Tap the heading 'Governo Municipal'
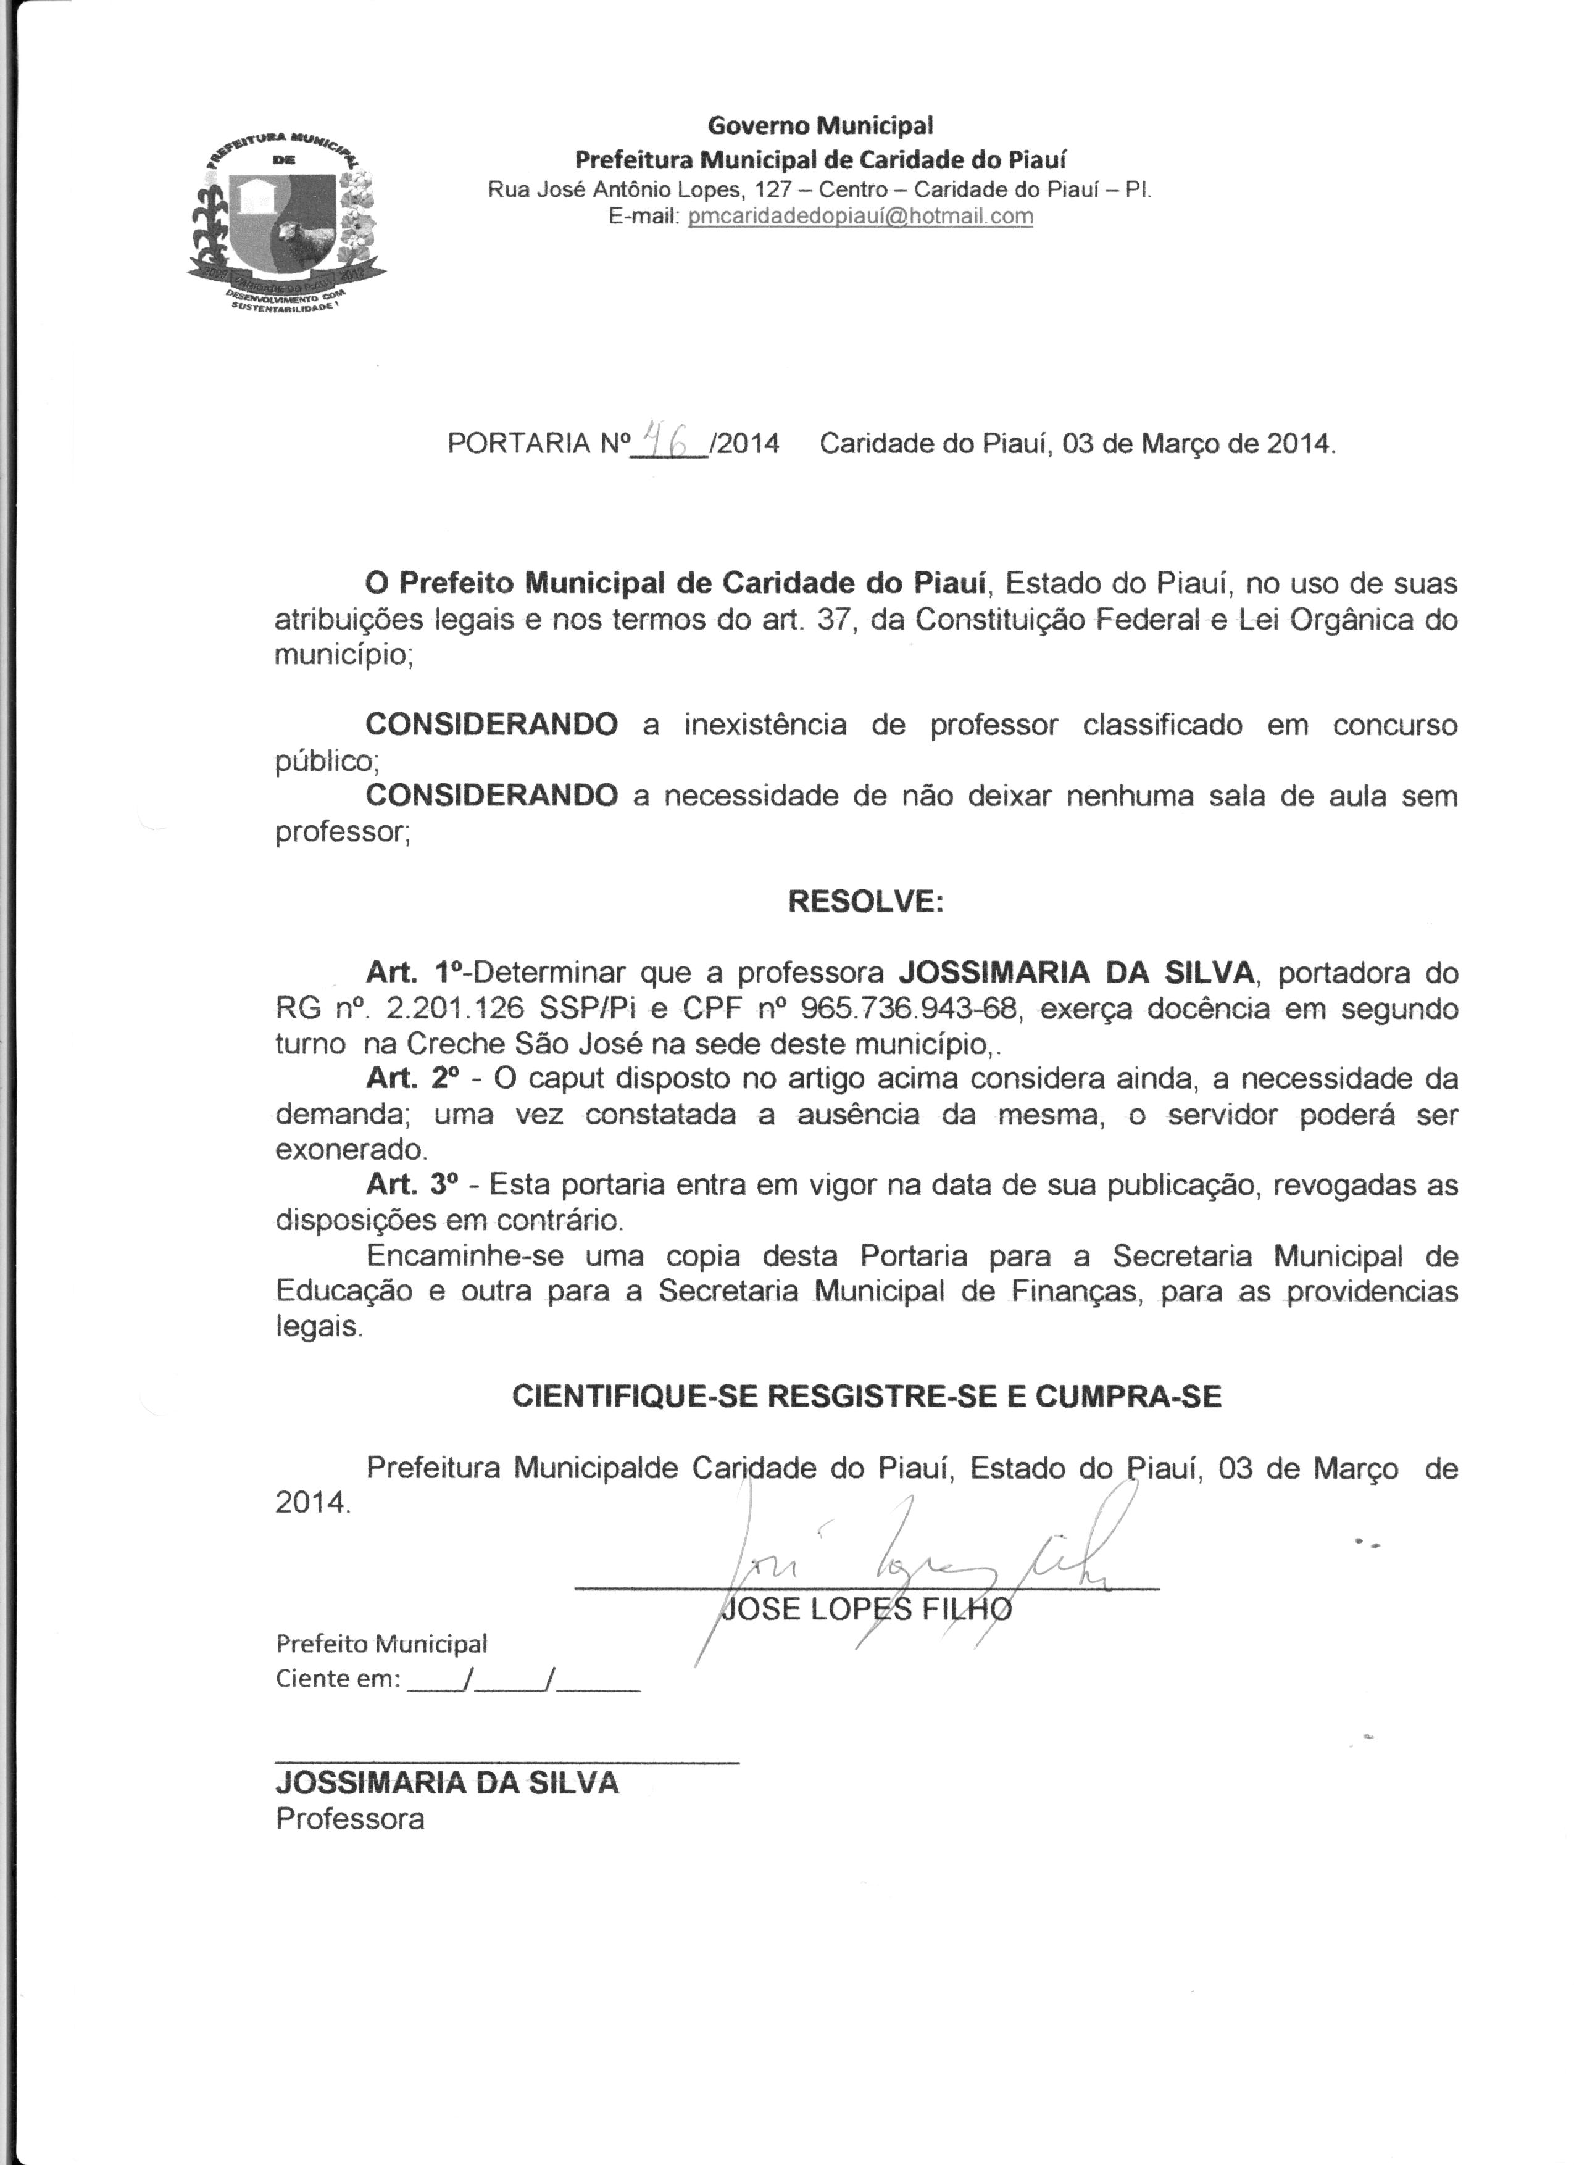819,125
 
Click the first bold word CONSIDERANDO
491,725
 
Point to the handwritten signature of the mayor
907,1556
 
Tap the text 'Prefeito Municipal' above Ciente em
381,1643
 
